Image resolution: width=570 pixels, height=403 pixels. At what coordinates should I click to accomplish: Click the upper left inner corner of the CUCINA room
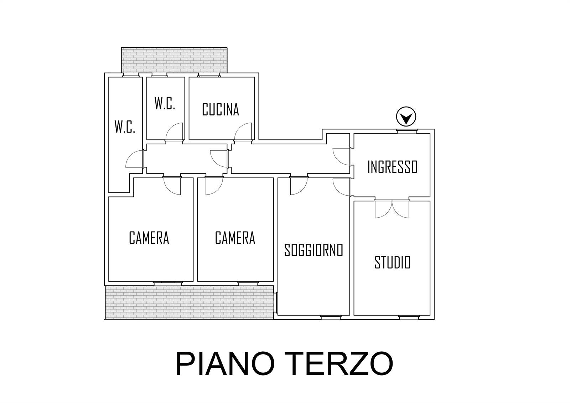pyautogui.click(x=189, y=77)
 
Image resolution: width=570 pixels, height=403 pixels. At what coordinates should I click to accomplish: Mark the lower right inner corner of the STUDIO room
pyautogui.click(x=430, y=315)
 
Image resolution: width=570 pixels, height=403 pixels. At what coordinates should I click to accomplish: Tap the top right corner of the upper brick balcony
pyautogui.click(x=227, y=47)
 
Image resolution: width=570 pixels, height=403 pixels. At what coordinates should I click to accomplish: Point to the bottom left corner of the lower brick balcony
pyautogui.click(x=105, y=319)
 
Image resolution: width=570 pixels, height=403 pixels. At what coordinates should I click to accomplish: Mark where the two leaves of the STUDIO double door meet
pyautogui.click(x=392, y=201)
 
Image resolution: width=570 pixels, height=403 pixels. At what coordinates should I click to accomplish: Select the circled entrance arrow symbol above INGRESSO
pyautogui.click(x=406, y=117)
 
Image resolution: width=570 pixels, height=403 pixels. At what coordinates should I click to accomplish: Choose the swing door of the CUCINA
pyautogui.click(x=243, y=131)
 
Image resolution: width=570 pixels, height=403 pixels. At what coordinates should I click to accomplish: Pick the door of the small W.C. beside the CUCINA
pyautogui.click(x=174, y=131)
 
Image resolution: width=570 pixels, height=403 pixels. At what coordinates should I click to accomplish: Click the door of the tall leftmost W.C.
pyautogui.click(x=135, y=159)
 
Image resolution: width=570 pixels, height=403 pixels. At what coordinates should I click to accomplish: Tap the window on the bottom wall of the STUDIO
pyautogui.click(x=409, y=317)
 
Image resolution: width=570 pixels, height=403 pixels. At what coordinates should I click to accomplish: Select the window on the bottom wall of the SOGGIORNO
pyautogui.click(x=330, y=317)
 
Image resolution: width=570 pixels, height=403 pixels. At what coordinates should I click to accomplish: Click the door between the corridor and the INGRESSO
pyautogui.click(x=342, y=156)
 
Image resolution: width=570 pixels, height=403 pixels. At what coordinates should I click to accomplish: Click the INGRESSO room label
pyautogui.click(x=392, y=167)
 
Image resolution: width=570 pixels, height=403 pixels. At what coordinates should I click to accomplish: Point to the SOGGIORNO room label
pyautogui.click(x=313, y=250)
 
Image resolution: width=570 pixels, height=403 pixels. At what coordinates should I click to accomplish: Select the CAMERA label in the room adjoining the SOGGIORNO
pyautogui.click(x=235, y=238)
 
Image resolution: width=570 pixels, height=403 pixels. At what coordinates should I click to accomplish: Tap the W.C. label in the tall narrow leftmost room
pyautogui.click(x=125, y=127)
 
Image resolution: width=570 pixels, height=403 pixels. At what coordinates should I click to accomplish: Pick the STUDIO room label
pyautogui.click(x=392, y=263)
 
